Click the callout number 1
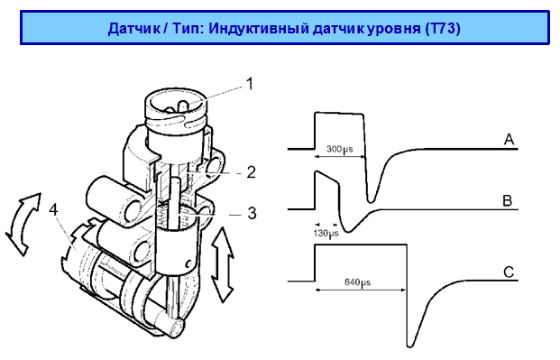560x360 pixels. [x=250, y=84]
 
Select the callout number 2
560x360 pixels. [x=252, y=172]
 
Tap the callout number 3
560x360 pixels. [x=252, y=213]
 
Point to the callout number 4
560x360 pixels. [x=53, y=210]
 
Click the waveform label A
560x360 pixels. [x=509, y=139]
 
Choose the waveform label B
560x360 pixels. [x=508, y=201]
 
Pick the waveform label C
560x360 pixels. [x=509, y=272]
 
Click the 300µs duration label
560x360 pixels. [x=340, y=149]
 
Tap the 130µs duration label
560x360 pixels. [x=326, y=234]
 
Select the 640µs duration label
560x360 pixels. [x=357, y=282]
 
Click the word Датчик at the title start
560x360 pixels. [x=134, y=28]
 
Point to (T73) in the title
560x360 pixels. [x=443, y=28]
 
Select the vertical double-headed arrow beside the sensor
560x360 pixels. [x=223, y=264]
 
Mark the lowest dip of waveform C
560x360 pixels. [x=410, y=346]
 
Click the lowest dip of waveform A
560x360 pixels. [x=371, y=201]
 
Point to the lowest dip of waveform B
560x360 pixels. [x=348, y=231]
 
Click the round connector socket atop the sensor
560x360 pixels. [x=177, y=105]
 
